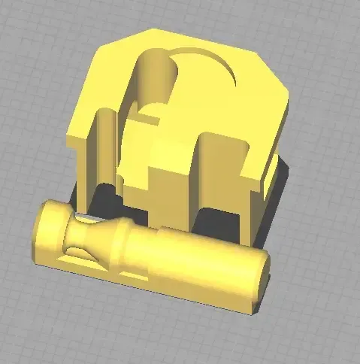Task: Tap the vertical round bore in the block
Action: (x=156, y=75)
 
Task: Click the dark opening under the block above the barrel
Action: (x=218, y=222)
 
